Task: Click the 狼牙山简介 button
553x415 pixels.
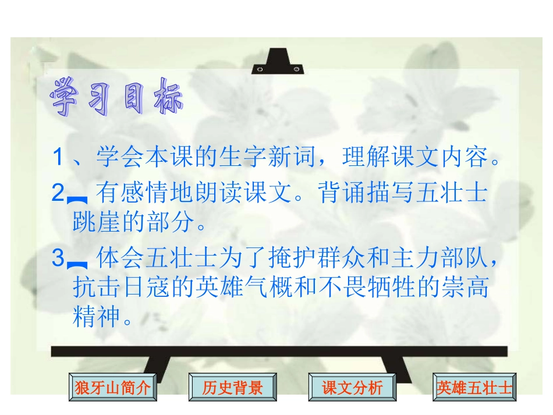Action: click(113, 388)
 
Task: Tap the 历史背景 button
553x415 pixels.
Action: click(232, 388)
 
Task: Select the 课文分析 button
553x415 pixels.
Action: click(352, 388)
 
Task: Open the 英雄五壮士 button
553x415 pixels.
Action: click(474, 388)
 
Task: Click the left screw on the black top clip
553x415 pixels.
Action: click(260, 69)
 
